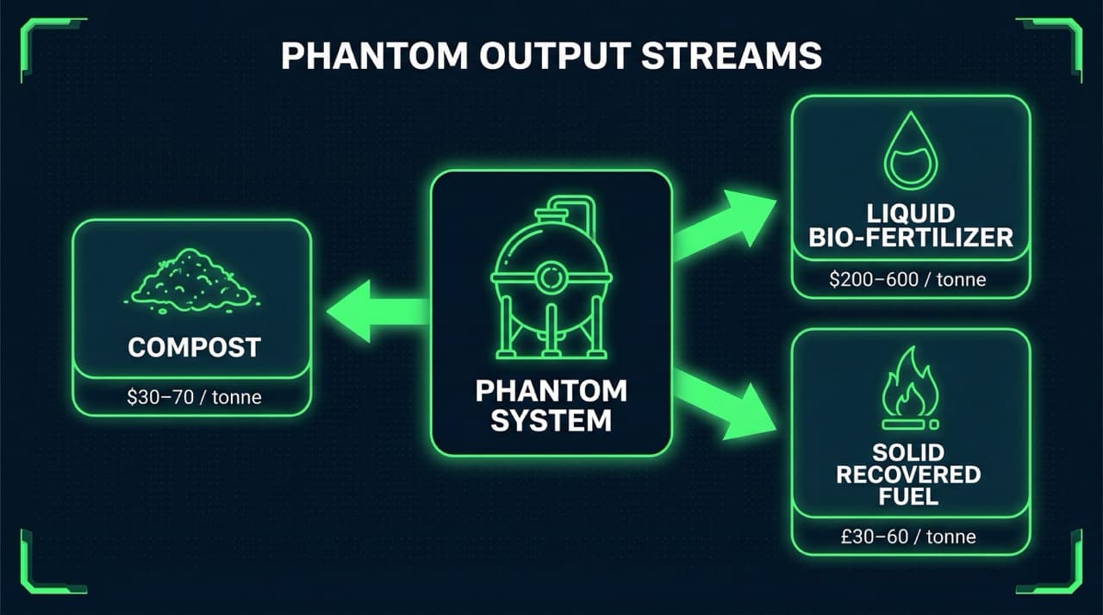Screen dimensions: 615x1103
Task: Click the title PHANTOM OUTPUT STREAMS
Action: [551, 56]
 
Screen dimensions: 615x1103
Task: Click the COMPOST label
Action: [194, 348]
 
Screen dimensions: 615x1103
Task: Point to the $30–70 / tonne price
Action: [194, 397]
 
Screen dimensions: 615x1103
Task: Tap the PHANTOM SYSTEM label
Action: [551, 406]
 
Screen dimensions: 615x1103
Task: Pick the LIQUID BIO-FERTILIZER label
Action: [911, 226]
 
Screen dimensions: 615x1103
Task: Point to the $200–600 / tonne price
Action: [911, 279]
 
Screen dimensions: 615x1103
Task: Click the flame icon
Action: [910, 390]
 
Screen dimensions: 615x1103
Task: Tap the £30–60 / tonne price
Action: [910, 537]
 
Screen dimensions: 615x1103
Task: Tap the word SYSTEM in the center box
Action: [551, 420]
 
